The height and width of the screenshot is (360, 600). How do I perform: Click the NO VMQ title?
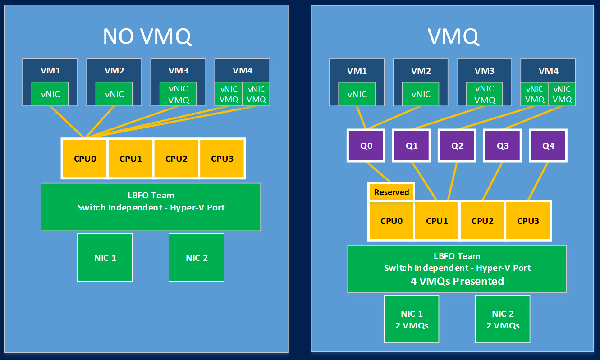(x=147, y=36)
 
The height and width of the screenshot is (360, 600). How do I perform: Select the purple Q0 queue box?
(x=366, y=146)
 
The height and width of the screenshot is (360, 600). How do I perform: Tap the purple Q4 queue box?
(x=548, y=146)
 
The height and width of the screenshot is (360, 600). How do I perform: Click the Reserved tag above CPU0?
(x=391, y=192)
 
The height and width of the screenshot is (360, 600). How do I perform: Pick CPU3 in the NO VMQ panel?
(x=222, y=159)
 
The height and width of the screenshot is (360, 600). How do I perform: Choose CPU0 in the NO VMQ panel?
(x=85, y=159)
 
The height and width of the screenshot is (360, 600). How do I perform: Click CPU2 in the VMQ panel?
(x=483, y=221)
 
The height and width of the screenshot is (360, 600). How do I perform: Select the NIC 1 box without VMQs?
(x=105, y=258)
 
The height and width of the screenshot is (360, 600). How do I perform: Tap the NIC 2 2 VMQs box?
(x=503, y=319)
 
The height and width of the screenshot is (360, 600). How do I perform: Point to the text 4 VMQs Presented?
(x=457, y=281)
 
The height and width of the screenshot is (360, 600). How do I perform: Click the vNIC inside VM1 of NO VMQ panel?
(x=50, y=94)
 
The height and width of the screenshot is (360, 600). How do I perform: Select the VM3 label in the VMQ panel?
(x=485, y=71)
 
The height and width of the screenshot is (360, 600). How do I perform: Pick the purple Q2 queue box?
(x=457, y=146)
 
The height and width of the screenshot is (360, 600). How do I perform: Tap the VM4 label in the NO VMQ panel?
(x=242, y=70)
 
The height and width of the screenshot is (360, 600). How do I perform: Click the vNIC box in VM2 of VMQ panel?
(x=421, y=94)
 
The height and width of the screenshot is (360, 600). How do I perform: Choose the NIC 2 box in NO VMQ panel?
(x=197, y=258)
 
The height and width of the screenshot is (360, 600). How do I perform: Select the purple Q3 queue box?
(x=503, y=146)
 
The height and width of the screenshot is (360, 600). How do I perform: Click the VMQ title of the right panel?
(x=453, y=36)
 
